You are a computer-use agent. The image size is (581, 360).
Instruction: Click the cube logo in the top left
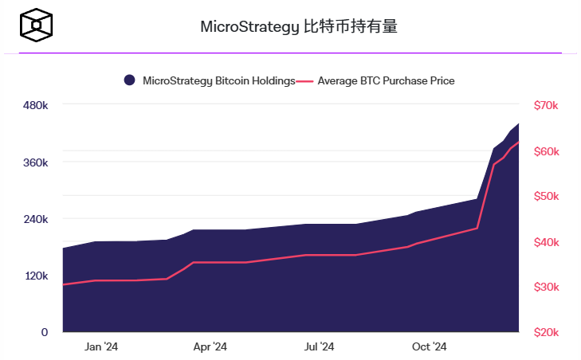tap(37, 26)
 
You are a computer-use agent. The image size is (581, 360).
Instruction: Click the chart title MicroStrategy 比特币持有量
tap(298, 26)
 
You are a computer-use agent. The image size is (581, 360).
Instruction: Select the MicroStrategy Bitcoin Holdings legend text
tap(218, 80)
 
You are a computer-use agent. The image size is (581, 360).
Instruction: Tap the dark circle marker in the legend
tap(129, 80)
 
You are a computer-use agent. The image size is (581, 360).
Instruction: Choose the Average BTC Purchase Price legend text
tap(386, 80)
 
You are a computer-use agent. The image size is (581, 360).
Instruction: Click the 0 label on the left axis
tap(45, 332)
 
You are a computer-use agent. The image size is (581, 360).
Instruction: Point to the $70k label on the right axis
tap(546, 105)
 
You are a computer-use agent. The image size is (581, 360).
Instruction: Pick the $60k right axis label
tap(546, 151)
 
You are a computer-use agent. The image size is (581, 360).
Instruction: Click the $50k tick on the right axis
tap(546, 196)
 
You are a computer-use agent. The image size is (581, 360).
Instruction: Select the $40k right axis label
tap(546, 242)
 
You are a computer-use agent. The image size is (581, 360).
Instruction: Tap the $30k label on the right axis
tap(546, 287)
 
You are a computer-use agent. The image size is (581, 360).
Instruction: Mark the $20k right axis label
tap(546, 332)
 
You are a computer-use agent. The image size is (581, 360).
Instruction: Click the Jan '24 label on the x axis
tap(101, 347)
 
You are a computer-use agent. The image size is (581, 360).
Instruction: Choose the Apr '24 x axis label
tap(210, 347)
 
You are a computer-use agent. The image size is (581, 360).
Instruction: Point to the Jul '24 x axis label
tap(319, 347)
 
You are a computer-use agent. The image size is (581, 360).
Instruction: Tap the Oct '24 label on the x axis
tap(429, 347)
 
